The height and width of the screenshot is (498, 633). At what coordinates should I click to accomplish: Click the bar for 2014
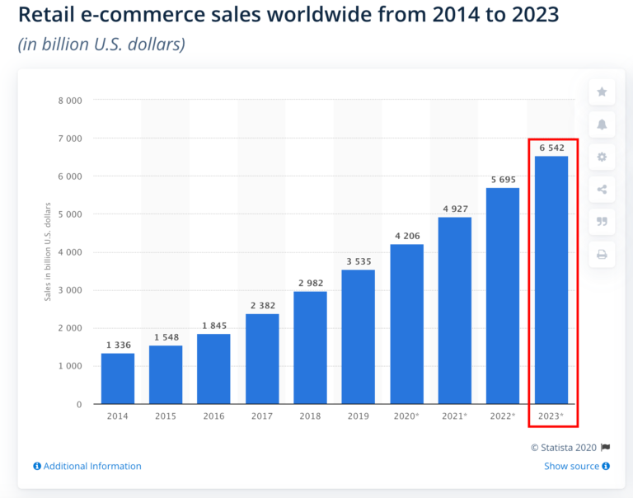118,378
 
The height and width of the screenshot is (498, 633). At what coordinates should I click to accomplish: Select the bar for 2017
262,359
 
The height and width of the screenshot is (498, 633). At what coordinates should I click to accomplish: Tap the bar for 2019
359,336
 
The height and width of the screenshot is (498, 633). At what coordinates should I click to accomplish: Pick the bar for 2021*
454,310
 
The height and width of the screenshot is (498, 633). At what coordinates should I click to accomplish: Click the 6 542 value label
551,147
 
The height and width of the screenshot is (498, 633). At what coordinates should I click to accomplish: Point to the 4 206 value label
406,235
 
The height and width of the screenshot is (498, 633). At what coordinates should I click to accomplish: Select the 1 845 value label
213,325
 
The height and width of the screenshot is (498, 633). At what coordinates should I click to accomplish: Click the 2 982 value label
310,282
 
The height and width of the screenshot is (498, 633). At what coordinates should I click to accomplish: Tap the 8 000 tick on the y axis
70,101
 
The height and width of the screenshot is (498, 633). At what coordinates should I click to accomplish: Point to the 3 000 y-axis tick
70,290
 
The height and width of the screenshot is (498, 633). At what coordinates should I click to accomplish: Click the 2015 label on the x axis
166,416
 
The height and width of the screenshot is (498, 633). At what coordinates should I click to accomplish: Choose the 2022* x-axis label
502,416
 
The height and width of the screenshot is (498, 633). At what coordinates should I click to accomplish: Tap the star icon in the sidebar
602,92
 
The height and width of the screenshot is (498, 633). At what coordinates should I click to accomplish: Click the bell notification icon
602,124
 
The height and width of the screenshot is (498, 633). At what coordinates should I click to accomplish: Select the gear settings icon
602,157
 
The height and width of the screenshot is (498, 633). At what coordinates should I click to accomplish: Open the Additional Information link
87,467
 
